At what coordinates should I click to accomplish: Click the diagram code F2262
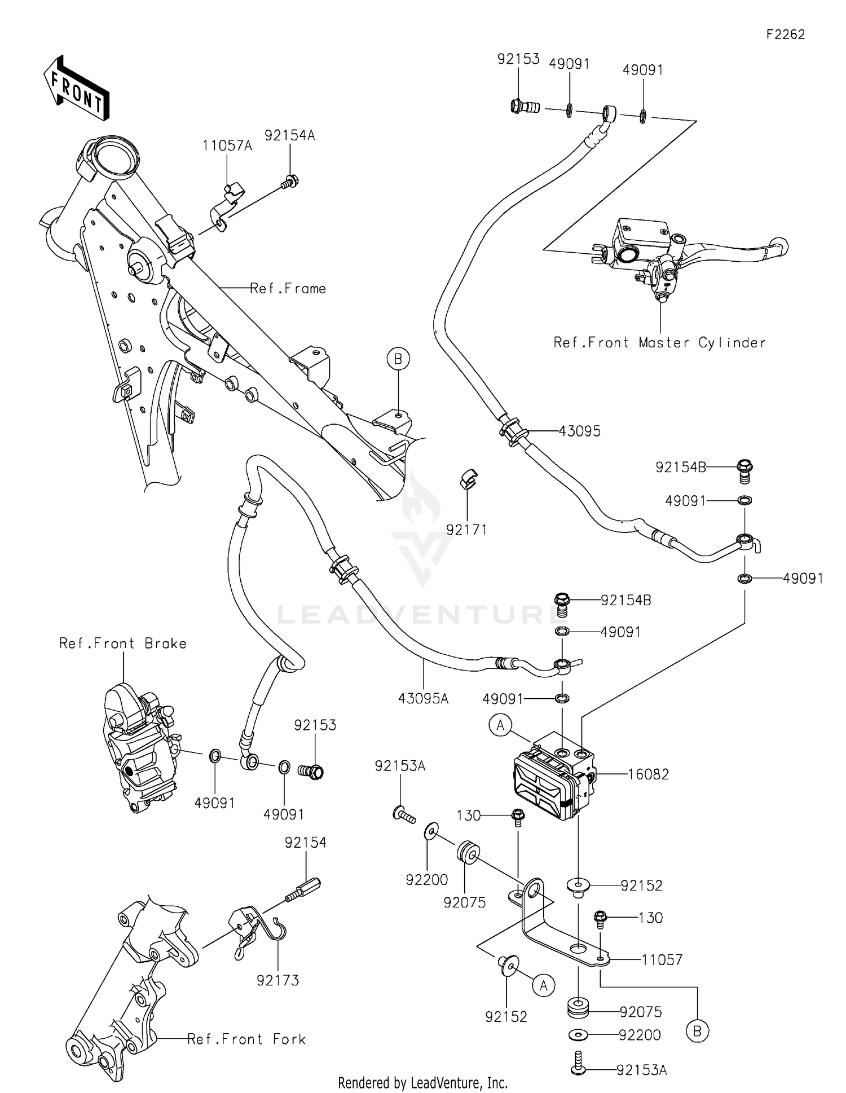(785, 34)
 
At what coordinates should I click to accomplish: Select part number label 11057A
(227, 146)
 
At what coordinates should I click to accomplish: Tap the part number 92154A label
(290, 135)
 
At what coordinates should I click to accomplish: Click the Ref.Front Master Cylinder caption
(659, 342)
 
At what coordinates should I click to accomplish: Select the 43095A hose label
(423, 699)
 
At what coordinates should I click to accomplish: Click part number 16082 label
(649, 774)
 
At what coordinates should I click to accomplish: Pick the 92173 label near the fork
(277, 981)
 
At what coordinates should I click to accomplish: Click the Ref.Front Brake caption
(123, 644)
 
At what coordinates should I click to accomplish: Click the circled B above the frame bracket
(398, 359)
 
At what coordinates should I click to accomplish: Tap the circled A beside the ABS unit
(500, 725)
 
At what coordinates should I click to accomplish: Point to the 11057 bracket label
(662, 959)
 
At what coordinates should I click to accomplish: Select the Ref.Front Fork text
(246, 1039)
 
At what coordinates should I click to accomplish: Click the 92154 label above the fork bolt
(305, 843)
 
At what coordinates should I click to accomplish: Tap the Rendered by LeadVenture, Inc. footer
(422, 1082)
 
